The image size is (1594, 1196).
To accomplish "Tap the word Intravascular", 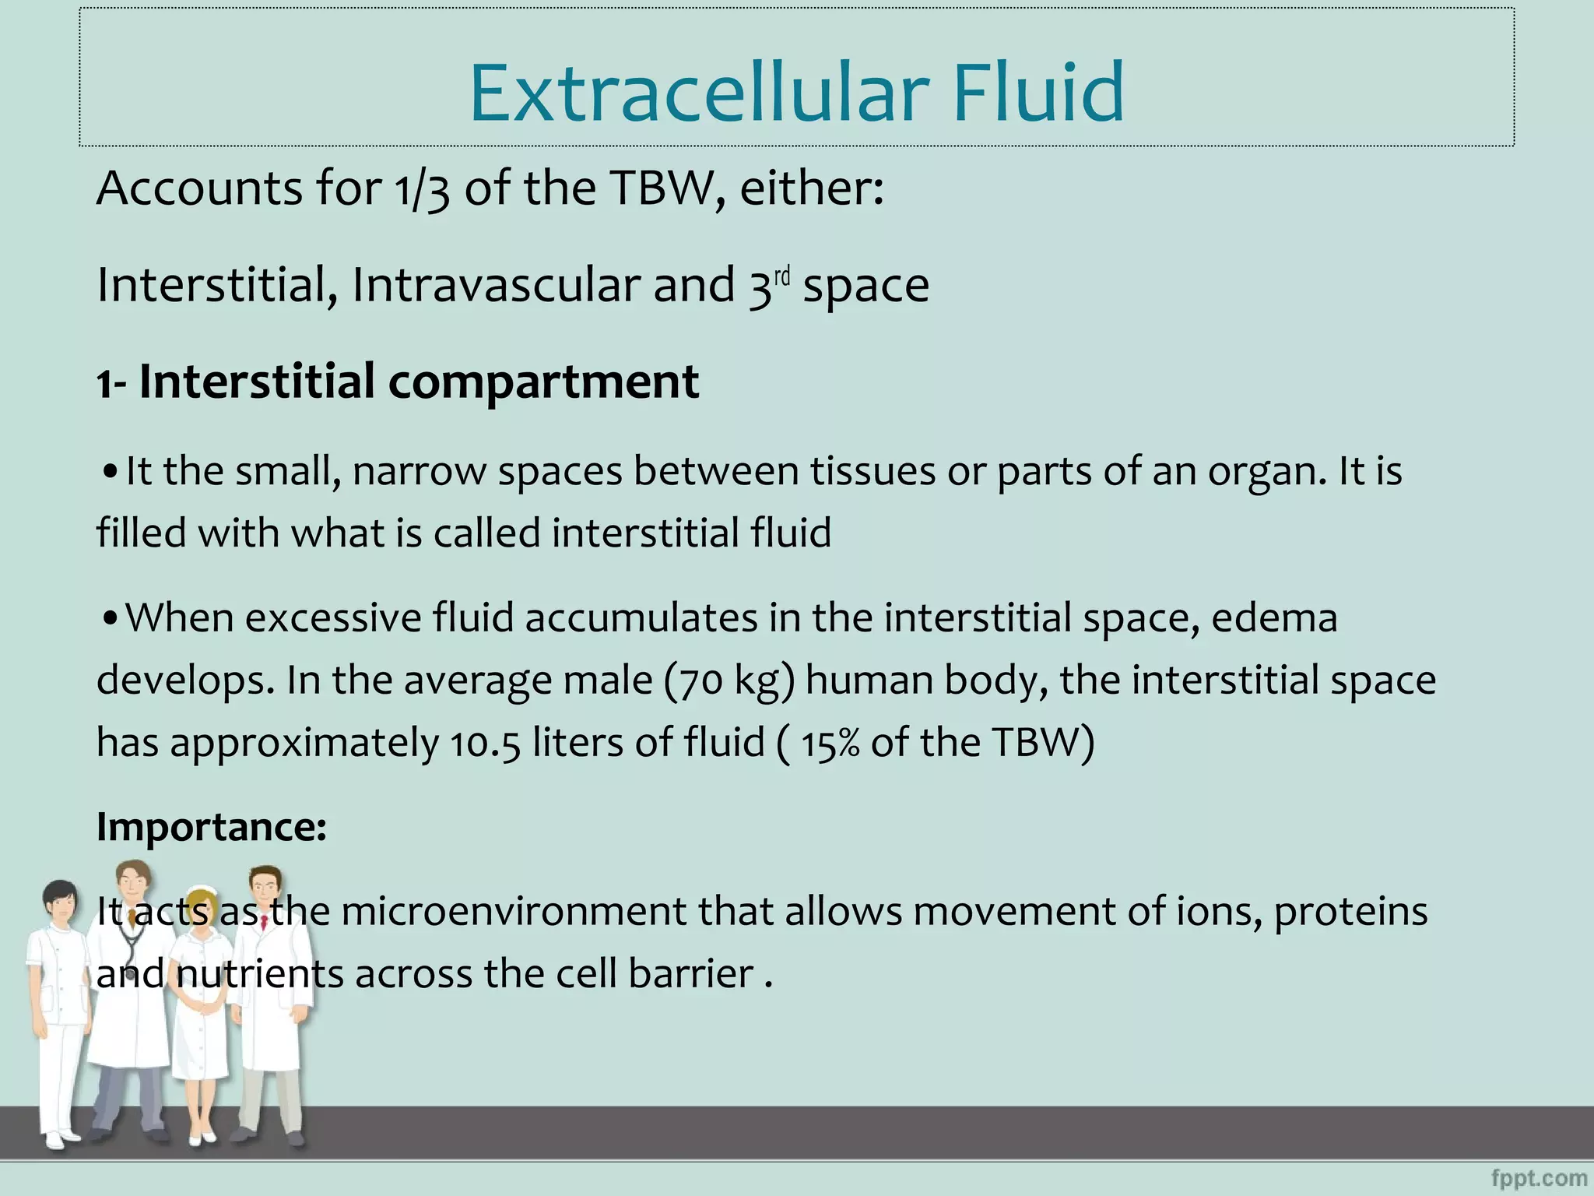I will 496,285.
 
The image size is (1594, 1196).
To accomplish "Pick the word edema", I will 1274,618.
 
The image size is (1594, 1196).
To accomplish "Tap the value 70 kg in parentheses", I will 729,681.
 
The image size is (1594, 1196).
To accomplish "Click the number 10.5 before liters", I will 484,743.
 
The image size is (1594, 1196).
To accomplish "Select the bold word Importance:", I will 211,826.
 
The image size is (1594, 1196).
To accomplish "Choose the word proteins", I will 1350,913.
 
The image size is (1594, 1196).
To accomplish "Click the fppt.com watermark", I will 1539,1178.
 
